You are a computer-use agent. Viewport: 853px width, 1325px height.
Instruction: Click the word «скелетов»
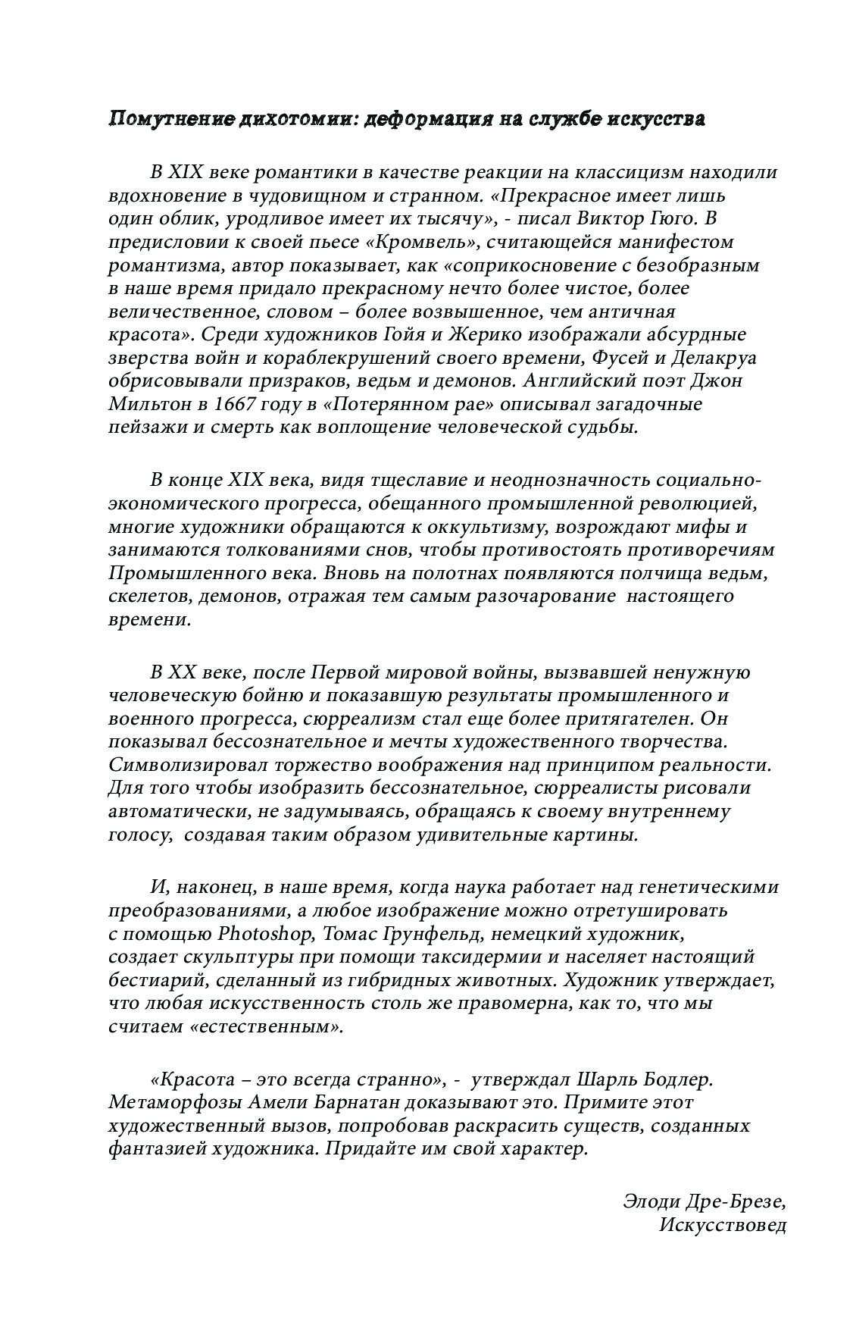pos(150,596)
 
